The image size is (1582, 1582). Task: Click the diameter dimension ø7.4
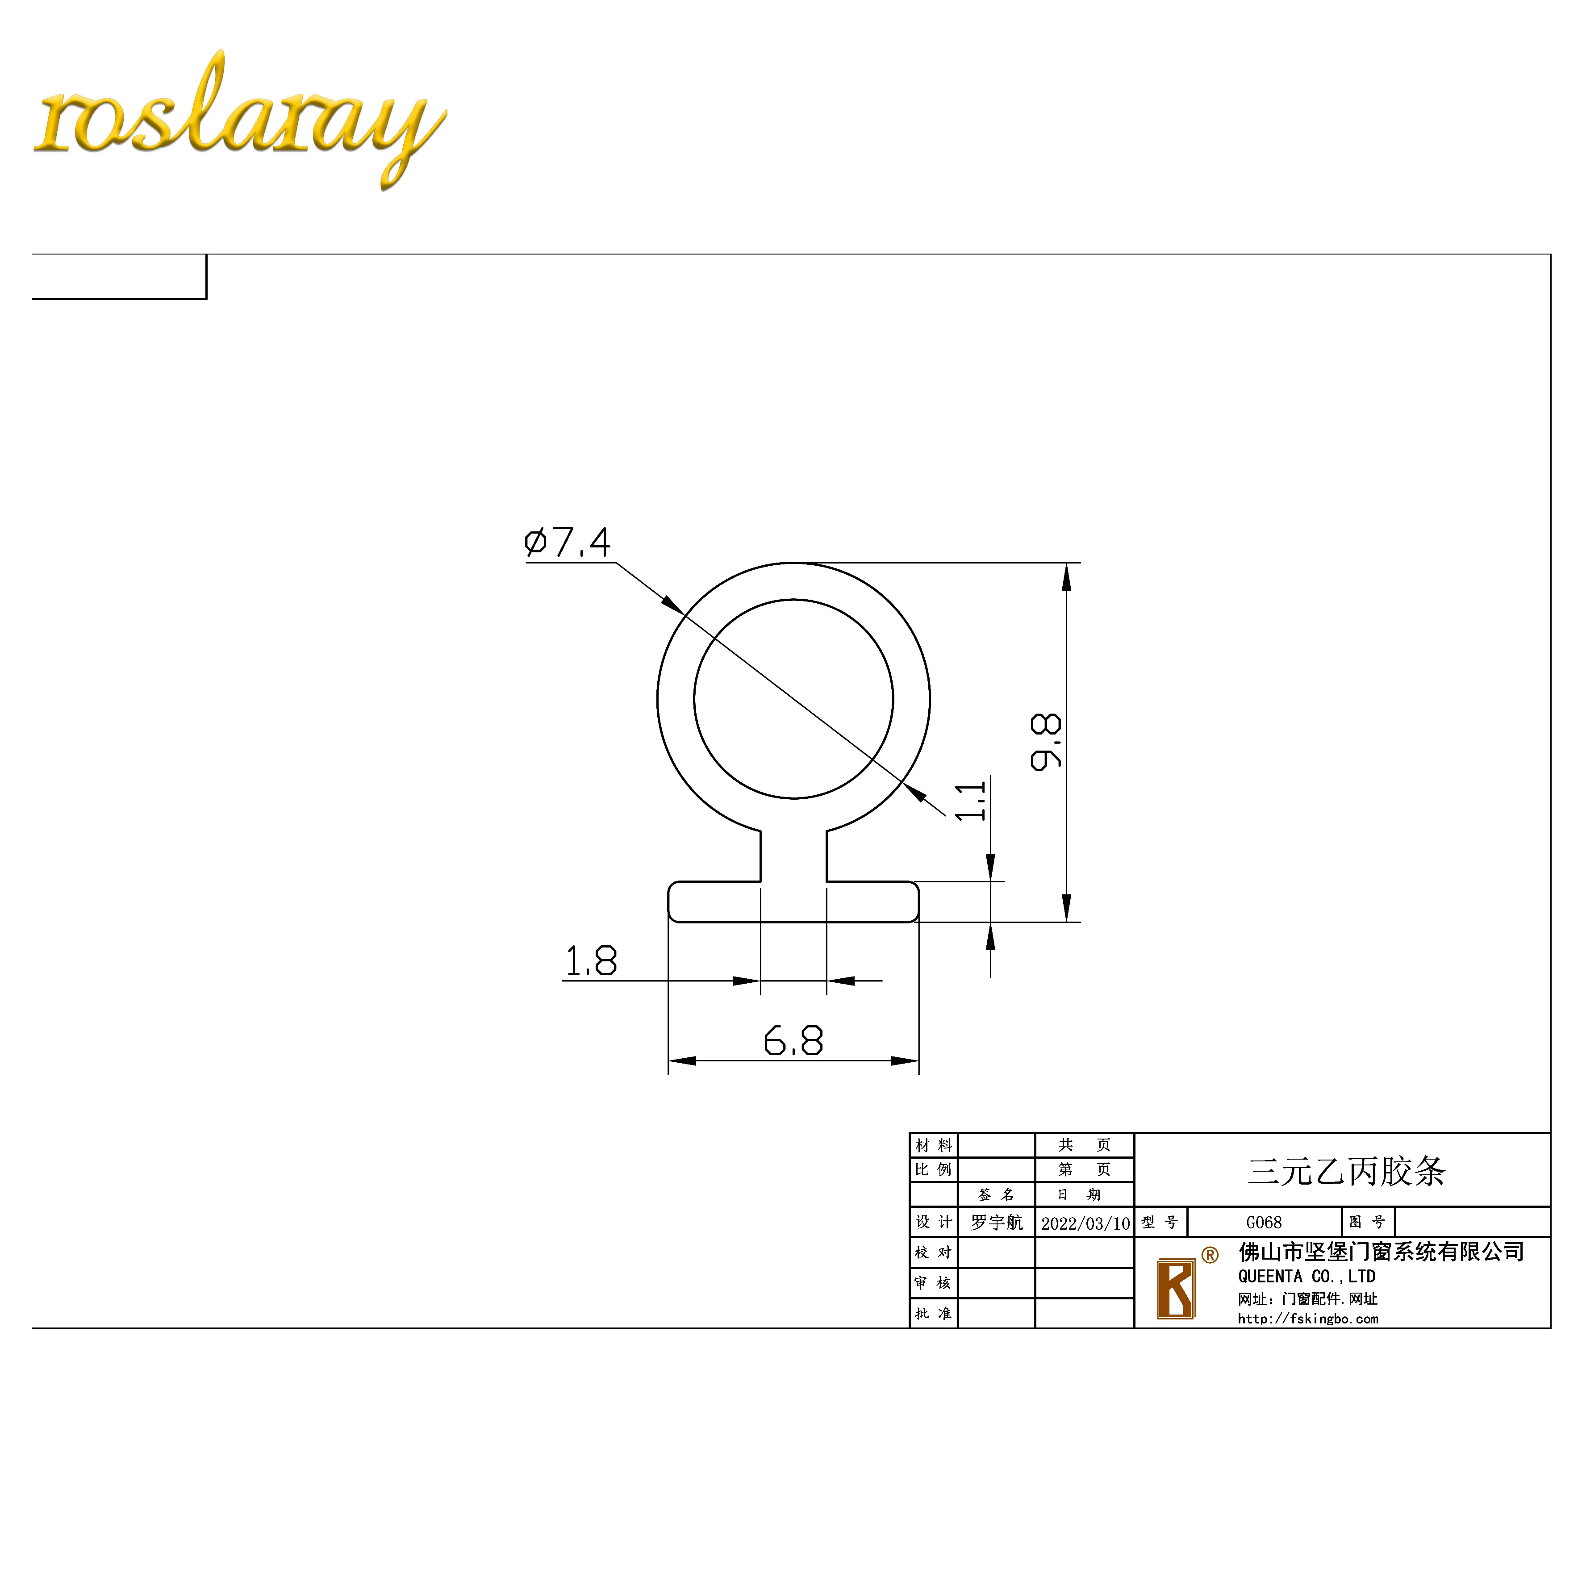[x=568, y=542]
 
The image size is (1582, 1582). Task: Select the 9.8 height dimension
[x=1046, y=742]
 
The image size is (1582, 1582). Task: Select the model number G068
[x=1264, y=1223]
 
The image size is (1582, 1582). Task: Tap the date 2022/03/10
[x=1085, y=1223]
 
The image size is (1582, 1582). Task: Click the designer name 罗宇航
[x=997, y=1223]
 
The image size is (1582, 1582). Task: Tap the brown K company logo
[x=1176, y=1289]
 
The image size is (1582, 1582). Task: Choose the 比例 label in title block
[x=934, y=1169]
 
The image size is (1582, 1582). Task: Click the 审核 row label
[x=934, y=1282]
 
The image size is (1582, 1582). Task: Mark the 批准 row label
[x=934, y=1313]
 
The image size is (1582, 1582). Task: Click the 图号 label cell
[x=1367, y=1222]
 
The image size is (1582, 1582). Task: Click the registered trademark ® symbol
[x=1210, y=1254]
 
